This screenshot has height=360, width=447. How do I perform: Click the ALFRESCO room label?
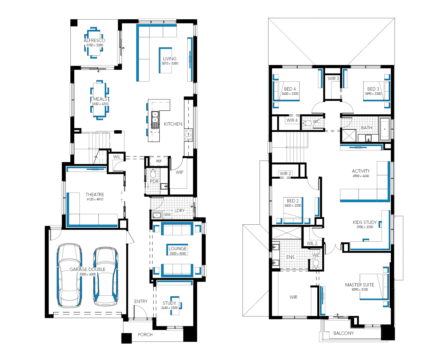pos(94,40)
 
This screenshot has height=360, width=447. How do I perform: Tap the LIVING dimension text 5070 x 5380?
pos(170,64)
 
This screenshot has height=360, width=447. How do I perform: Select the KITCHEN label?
pos(173,124)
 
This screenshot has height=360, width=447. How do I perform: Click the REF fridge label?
pos(159,161)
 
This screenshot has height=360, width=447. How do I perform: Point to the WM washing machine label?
pos(168,215)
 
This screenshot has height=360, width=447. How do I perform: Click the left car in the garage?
pos(69,275)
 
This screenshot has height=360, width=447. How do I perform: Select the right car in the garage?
pos(106,276)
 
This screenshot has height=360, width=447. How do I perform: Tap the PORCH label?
pos(145,335)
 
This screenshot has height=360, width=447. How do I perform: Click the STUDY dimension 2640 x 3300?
pos(170,308)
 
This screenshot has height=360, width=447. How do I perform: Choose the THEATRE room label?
pos(95,195)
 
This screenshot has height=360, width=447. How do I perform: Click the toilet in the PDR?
pos(153,172)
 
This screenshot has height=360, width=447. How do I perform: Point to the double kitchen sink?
pos(155,120)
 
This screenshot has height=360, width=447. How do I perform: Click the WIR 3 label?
pos(333,79)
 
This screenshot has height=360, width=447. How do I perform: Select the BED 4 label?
pos(290,89)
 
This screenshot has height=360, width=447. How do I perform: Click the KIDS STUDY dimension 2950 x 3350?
pos(365,227)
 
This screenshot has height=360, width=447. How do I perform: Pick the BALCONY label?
pos(344,333)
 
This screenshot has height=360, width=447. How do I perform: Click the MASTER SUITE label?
pos(360,285)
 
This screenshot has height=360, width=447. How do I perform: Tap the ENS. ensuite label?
pos(291,257)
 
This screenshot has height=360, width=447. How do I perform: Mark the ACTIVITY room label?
pos(361,171)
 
